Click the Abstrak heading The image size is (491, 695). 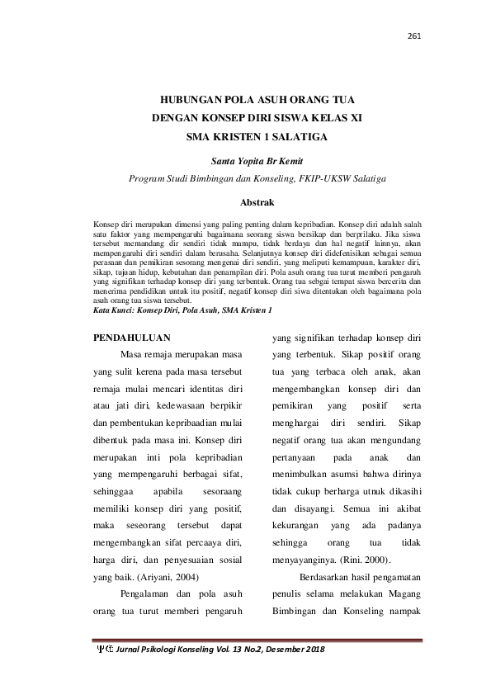click(x=245, y=201)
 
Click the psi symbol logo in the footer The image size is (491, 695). click(x=106, y=651)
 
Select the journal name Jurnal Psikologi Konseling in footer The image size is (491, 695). click(x=170, y=651)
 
